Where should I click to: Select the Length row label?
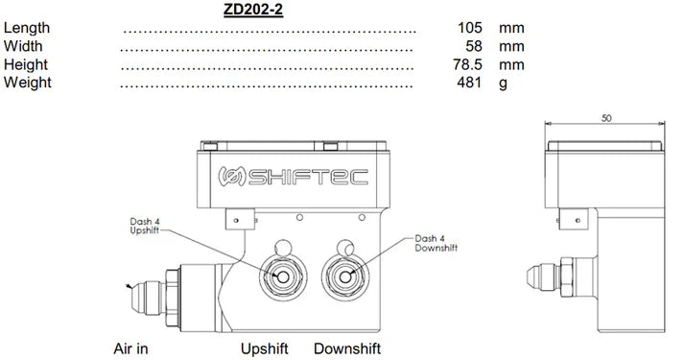[x=27, y=29]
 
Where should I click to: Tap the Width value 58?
[x=472, y=46]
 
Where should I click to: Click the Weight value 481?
[x=469, y=83]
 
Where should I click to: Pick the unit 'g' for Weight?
[x=502, y=83]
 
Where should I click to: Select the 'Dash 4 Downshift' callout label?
[x=437, y=242]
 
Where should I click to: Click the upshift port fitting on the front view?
[x=285, y=275]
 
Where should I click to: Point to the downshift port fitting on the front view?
[x=344, y=275]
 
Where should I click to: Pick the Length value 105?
[x=469, y=29]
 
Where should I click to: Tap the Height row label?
[x=26, y=64]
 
